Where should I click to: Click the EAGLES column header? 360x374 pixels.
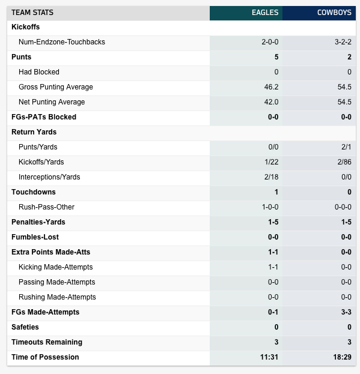[x=265, y=13]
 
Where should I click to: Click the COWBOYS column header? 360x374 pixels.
[x=334, y=13]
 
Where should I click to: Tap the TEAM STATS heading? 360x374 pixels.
[x=32, y=13]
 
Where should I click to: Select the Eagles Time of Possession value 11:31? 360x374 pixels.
[x=269, y=357]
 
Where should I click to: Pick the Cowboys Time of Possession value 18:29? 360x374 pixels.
[x=343, y=357]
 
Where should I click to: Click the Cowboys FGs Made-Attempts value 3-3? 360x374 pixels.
[x=346, y=312]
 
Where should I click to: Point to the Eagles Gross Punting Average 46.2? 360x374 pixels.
[x=271, y=87]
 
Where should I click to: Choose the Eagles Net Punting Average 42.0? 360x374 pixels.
[x=271, y=102]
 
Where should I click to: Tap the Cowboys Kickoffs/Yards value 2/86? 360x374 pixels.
[x=344, y=162]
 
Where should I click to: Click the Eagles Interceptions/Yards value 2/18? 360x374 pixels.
[x=271, y=177]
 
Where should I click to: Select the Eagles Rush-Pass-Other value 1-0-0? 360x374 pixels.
[x=270, y=207]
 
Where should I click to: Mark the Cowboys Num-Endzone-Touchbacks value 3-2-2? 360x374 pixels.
[x=343, y=42]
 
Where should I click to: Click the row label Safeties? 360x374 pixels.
[x=25, y=327]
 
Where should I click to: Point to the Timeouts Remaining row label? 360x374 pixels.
[x=47, y=342]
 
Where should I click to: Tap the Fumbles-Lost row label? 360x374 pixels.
[x=35, y=237]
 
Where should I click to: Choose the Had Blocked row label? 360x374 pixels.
[x=39, y=72]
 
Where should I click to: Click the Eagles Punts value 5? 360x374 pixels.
[x=276, y=57]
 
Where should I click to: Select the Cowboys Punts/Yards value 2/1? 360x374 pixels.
[x=346, y=147]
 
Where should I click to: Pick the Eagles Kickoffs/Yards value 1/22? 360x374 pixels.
[x=272, y=162]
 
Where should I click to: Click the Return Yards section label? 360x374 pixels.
[x=34, y=132]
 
